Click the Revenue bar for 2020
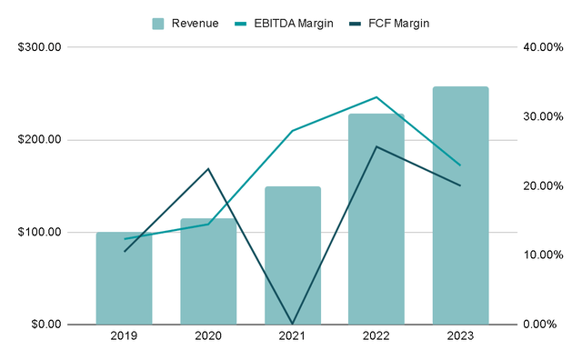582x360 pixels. [208, 272]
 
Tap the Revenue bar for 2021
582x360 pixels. [292, 256]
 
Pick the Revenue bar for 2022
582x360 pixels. [376, 219]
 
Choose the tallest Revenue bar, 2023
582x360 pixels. [460, 205]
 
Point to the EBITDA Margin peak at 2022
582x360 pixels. [376, 97]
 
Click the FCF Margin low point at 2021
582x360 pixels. [292, 324]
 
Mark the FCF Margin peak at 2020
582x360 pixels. [208, 169]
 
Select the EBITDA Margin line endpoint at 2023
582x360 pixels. [460, 165]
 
